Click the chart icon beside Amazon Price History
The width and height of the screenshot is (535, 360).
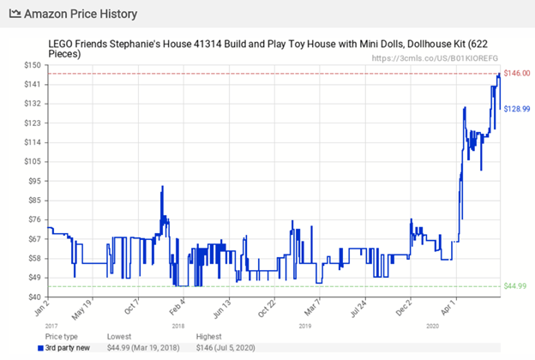click(x=15, y=15)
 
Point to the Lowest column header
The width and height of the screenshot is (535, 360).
click(x=119, y=337)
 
